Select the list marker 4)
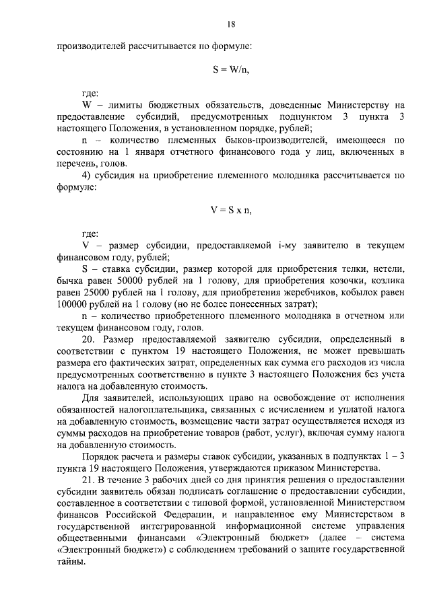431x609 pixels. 87,177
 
